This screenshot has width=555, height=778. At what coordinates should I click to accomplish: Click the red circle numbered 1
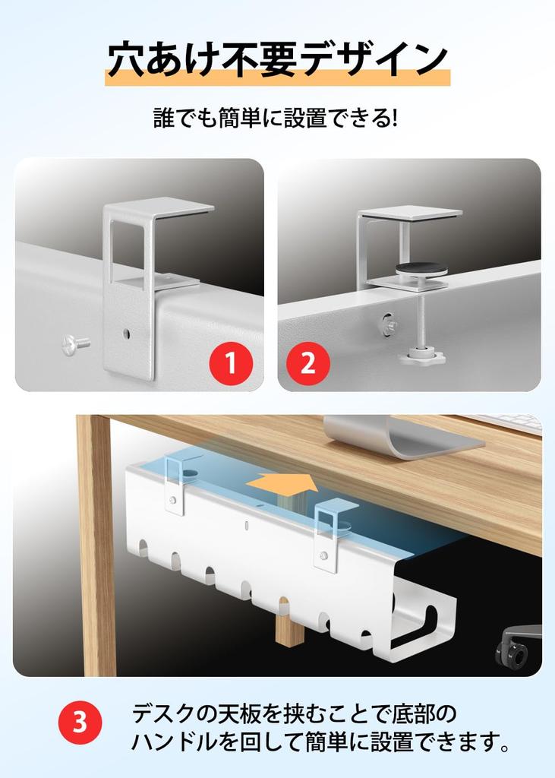tap(232, 363)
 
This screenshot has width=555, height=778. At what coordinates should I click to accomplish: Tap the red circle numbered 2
tap(307, 363)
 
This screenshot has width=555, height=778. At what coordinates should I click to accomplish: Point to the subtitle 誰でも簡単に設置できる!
tap(277, 119)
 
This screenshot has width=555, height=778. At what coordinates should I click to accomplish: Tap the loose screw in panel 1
tap(74, 346)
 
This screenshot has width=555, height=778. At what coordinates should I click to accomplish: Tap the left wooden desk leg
tap(96, 547)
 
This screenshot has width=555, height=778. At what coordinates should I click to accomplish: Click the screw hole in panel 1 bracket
tap(127, 334)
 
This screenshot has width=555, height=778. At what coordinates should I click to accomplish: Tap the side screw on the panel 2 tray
tap(388, 324)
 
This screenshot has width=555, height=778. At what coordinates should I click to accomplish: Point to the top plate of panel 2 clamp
tap(410, 213)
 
